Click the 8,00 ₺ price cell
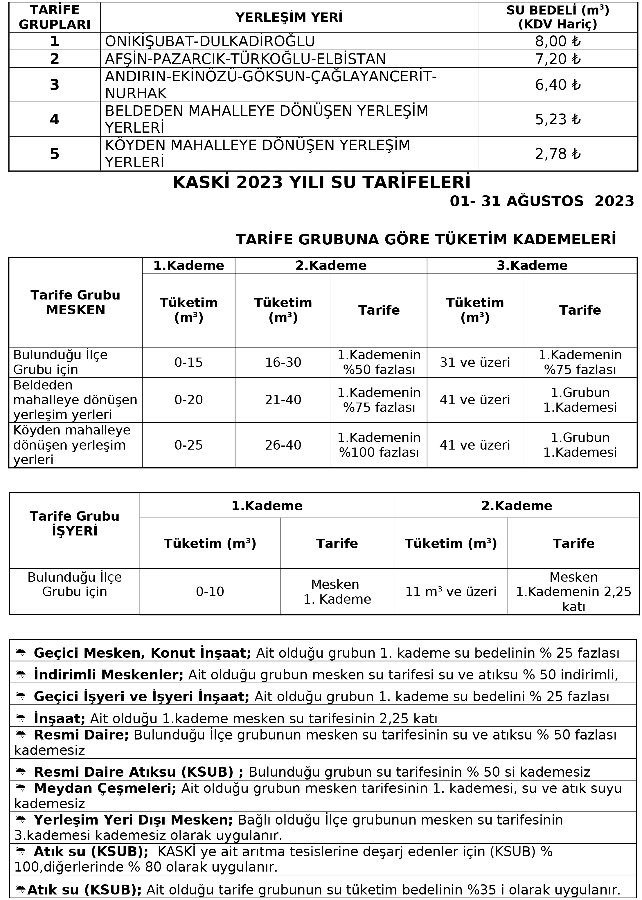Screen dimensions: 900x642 click(558, 42)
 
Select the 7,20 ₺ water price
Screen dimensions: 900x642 click(558, 59)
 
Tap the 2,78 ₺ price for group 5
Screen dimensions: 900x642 click(558, 154)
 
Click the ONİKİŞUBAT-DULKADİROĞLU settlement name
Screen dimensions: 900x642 click(210, 42)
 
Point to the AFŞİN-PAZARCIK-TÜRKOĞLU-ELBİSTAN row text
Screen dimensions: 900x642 click(245, 59)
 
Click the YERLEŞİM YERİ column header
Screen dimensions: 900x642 click(289, 17)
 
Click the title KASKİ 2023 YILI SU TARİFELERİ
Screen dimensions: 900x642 click(322, 183)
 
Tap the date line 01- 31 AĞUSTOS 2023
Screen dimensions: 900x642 click(542, 201)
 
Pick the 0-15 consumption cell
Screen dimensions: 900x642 click(188, 362)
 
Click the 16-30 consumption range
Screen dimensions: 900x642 click(283, 362)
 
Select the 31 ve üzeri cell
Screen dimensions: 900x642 click(475, 362)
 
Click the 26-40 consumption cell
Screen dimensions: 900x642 click(283, 445)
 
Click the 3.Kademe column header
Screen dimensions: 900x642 click(532, 266)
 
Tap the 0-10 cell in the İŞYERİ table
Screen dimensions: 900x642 click(210, 592)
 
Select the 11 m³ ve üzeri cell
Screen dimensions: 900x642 click(451, 592)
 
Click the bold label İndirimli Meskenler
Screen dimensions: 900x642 click(109, 675)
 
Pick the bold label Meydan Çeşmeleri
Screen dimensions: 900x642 click(105, 789)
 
